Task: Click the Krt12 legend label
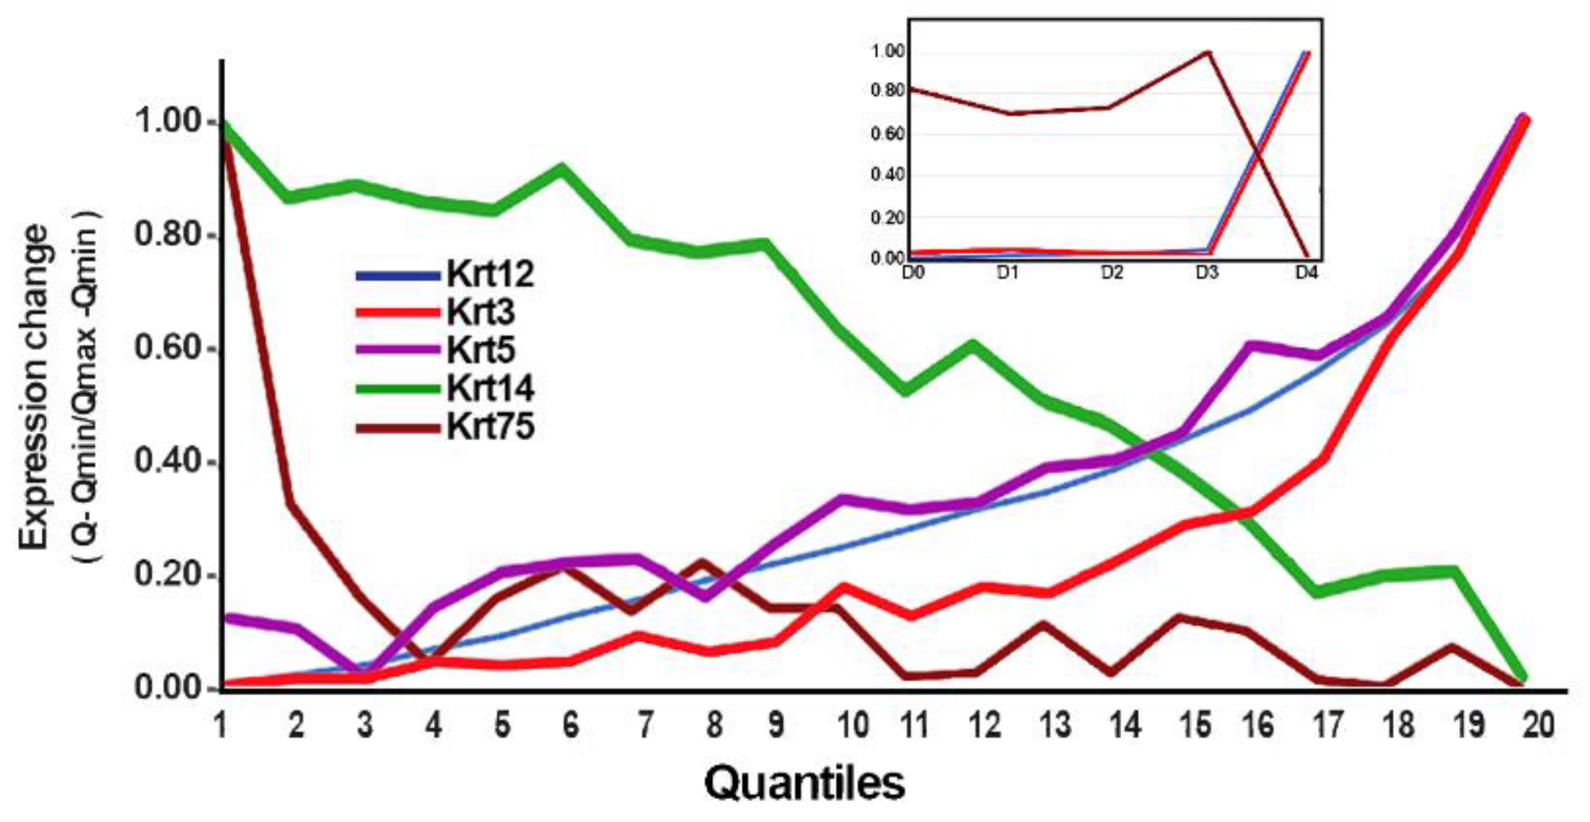point(490,274)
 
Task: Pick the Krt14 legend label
point(490,388)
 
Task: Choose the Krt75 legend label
point(490,426)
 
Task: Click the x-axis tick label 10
point(852,724)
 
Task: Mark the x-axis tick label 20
point(1538,724)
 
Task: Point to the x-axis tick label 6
point(571,724)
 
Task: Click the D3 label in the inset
point(1206,274)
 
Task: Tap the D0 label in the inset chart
point(913,274)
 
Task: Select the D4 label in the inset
point(1306,274)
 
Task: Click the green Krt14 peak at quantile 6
point(562,169)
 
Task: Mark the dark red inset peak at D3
point(1207,52)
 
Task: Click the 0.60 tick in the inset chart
point(887,134)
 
